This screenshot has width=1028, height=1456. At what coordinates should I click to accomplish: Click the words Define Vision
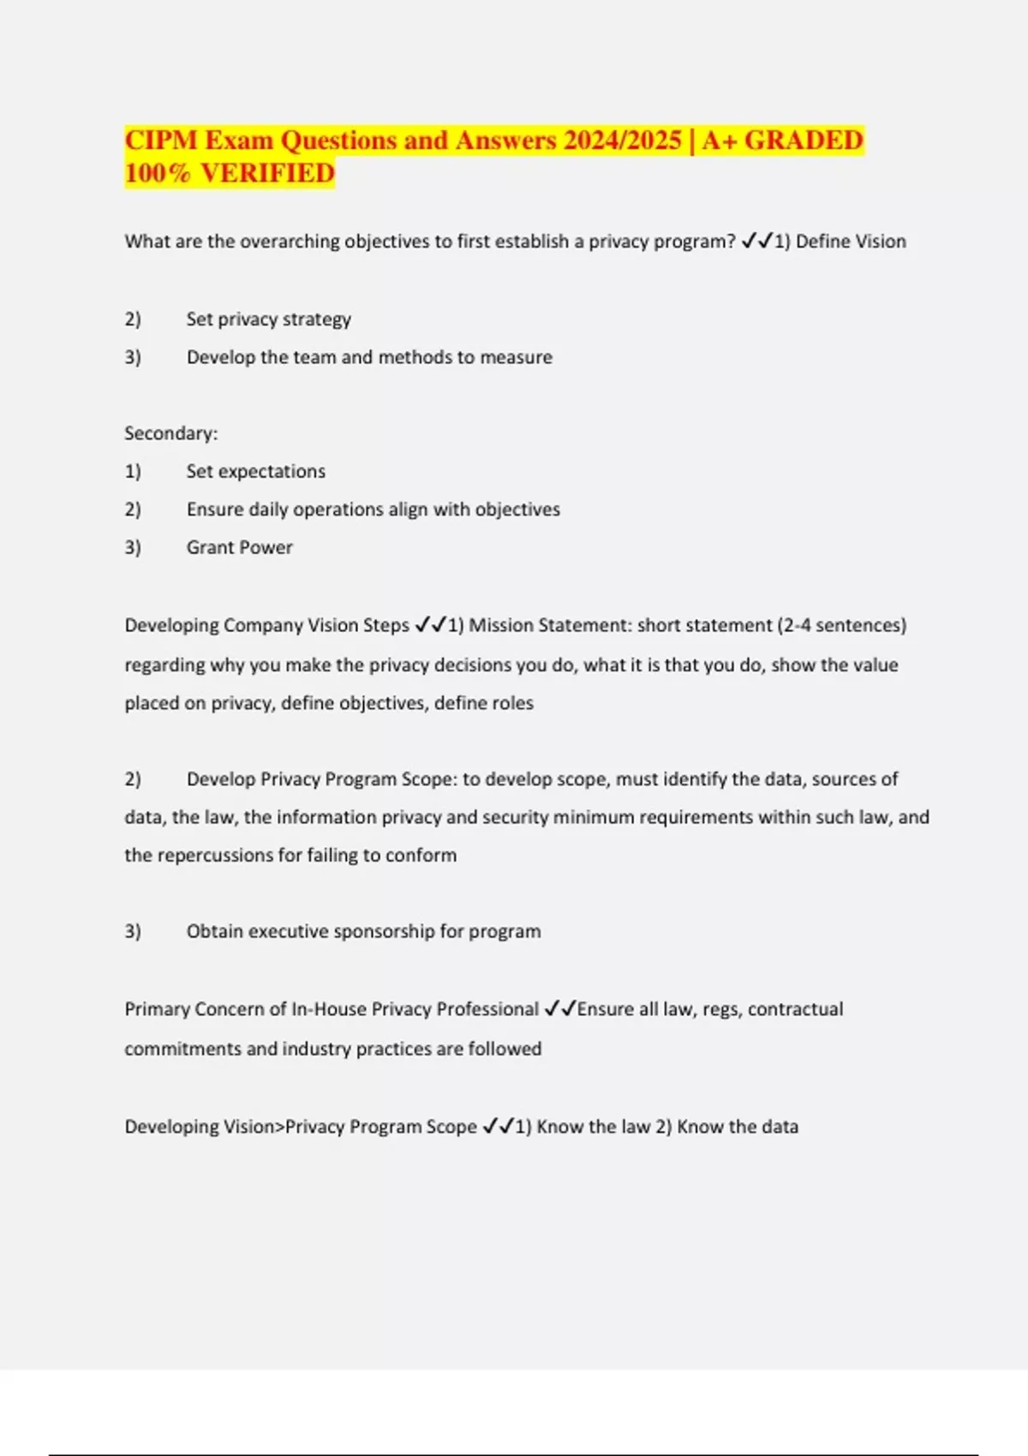[851, 242]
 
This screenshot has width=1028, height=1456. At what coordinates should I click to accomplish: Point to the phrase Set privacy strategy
[269, 319]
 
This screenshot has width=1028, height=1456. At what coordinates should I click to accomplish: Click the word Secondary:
[171, 433]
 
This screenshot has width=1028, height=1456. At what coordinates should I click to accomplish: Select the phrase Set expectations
[256, 471]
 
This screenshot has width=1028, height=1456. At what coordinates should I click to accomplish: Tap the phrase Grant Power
[240, 547]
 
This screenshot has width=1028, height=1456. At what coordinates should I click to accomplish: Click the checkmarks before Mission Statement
[430, 625]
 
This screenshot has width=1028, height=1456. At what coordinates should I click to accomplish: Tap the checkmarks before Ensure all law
[560, 1009]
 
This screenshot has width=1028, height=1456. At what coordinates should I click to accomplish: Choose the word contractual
[795, 1009]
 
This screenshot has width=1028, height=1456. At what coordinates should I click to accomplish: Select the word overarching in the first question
[290, 242]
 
